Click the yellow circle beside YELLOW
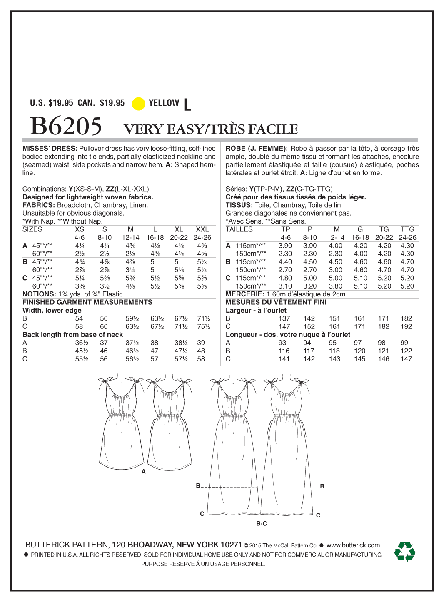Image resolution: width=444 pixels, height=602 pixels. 138,104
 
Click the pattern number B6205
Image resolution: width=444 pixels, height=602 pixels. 66,126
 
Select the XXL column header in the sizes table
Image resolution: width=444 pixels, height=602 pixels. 202,229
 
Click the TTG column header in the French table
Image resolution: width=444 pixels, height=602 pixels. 407,229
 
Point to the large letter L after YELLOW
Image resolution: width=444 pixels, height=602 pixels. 187,104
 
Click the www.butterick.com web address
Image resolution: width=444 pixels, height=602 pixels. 353,545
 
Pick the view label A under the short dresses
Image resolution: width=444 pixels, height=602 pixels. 144,472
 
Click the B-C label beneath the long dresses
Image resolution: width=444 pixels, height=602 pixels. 262,523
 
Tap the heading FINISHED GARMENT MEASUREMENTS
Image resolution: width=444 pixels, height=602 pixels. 87,302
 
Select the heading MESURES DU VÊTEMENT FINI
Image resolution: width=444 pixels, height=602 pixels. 276,302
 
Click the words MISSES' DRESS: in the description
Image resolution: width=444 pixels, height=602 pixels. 50,149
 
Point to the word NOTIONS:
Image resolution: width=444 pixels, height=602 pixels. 39,294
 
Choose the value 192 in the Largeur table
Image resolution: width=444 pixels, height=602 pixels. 406,326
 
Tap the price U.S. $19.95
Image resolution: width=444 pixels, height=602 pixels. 51,103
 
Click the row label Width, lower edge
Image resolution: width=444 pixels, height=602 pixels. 52,310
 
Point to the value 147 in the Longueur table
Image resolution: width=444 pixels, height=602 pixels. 406,359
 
